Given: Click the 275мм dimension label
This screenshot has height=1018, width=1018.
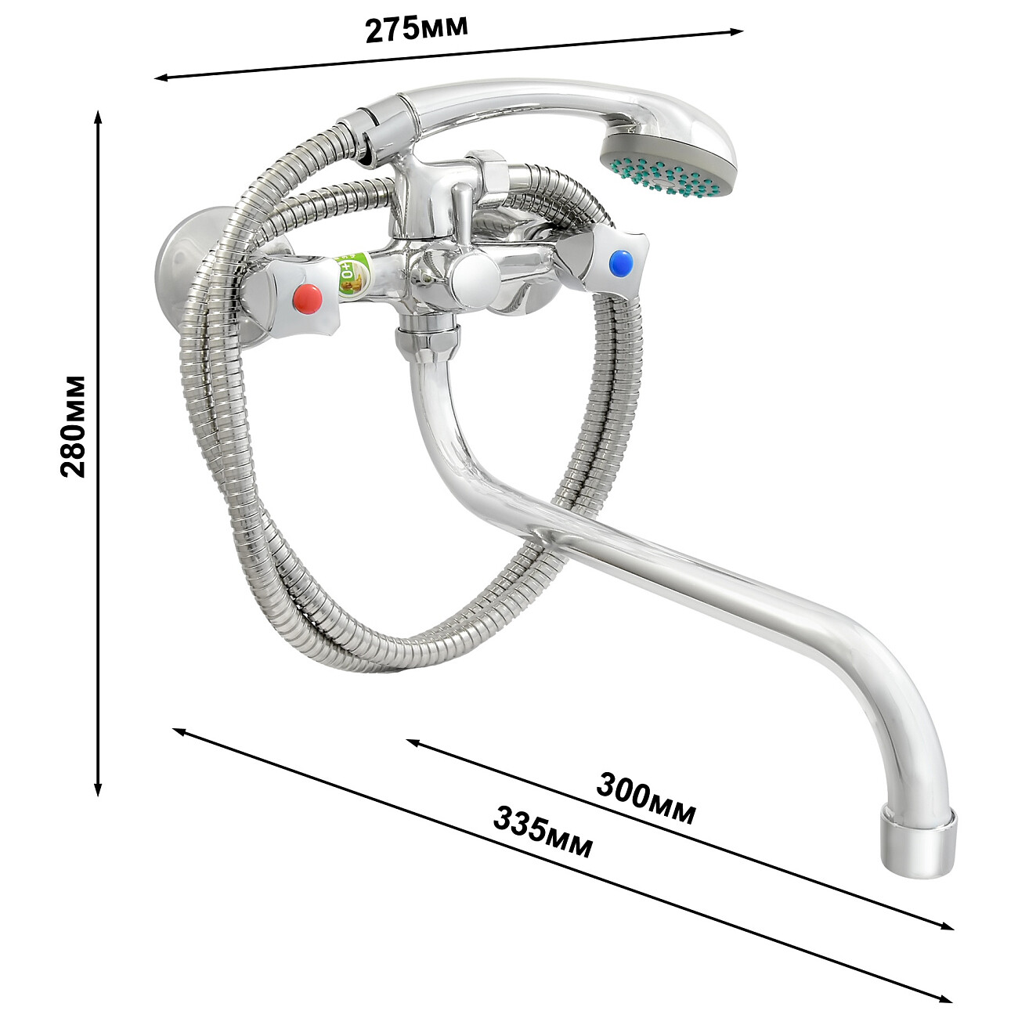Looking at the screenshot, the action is (x=417, y=30).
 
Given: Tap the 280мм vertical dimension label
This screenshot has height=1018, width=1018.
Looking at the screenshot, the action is (x=73, y=427).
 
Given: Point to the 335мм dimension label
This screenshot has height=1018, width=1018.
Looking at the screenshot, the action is (x=543, y=839).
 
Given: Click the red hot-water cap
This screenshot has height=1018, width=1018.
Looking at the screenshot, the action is (x=309, y=298).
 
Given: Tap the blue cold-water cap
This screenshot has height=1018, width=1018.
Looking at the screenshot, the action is (x=621, y=262).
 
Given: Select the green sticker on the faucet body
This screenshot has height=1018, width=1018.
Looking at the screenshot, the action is (x=352, y=276).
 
